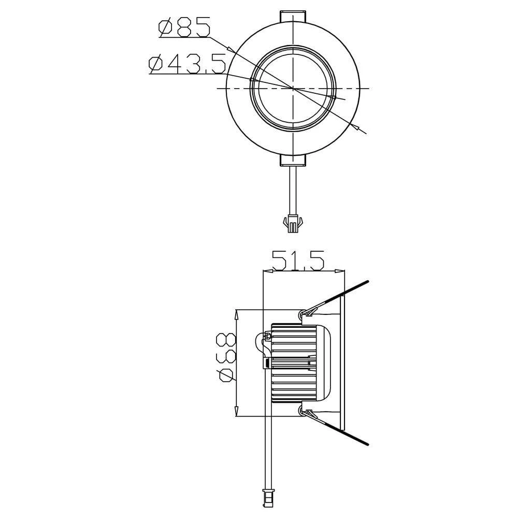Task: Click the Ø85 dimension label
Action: pyautogui.click(x=185, y=27)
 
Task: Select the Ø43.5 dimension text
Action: pyautogui.click(x=187, y=64)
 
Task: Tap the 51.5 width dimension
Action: pyautogui.click(x=298, y=261)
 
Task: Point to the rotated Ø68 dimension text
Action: pyautogui.click(x=225, y=357)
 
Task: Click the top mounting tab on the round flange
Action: pyautogui.click(x=293, y=16)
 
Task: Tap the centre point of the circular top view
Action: pyautogui.click(x=293, y=88)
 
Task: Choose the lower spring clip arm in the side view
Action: pyautogui.click(x=342, y=431)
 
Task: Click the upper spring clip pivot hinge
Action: pyautogui.click(x=303, y=313)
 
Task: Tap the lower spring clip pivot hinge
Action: pyautogui.click(x=303, y=411)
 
